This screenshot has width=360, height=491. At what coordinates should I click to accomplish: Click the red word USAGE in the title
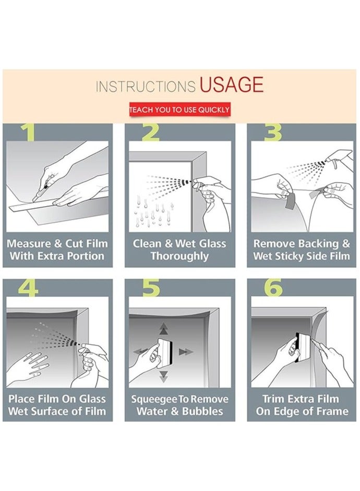click(x=231, y=85)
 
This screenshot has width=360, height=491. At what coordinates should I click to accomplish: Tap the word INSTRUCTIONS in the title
click(x=146, y=87)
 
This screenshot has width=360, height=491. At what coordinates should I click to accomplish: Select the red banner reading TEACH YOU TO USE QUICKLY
click(x=180, y=110)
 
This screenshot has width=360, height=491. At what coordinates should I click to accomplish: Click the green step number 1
click(x=29, y=132)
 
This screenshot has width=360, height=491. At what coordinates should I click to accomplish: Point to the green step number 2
click(x=151, y=132)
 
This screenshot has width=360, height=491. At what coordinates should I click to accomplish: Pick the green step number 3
click(x=273, y=132)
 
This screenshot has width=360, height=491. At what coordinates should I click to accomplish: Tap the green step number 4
click(x=28, y=288)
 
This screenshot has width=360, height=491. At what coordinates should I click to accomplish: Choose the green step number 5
click(x=151, y=288)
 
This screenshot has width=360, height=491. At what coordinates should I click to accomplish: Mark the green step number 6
click(x=273, y=288)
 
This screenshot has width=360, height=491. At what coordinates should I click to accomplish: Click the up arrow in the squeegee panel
click(x=163, y=329)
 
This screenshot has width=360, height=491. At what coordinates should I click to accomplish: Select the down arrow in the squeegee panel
click(x=163, y=376)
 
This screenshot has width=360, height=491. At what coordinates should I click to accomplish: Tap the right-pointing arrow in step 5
click(x=186, y=352)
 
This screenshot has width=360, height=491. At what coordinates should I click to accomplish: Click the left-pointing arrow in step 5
click(x=140, y=351)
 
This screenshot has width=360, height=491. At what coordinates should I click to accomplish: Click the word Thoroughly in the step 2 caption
click(x=179, y=256)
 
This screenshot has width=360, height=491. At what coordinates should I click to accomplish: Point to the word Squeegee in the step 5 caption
click(x=154, y=400)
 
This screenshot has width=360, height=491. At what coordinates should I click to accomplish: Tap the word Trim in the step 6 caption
click(x=273, y=399)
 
